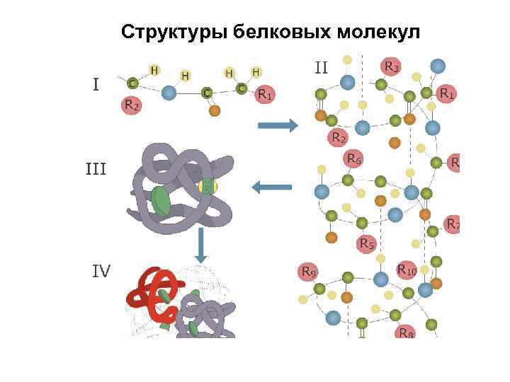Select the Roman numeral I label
click(96, 84)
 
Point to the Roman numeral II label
click(322, 68)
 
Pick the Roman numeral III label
click(96, 169)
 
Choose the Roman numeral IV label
click(101, 270)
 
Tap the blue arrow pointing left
click(272, 187)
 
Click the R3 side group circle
click(391, 67)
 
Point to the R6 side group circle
click(353, 160)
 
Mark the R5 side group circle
click(365, 245)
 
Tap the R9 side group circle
click(309, 271)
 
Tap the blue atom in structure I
click(169, 92)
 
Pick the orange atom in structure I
click(215, 110)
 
